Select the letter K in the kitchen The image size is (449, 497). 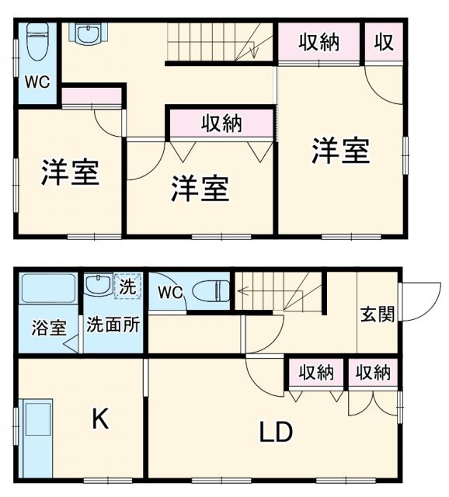click(99, 420)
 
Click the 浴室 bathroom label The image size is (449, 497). click(49, 327)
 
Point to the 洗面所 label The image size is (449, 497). click(113, 325)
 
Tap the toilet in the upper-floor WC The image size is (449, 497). click(37, 43)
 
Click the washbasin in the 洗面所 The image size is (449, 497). click(97, 285)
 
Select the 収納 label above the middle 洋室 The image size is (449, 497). click(221, 123)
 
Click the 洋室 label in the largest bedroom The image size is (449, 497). click(340, 150)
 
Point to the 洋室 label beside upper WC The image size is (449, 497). click(70, 172)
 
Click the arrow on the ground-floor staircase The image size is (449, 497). click(242, 292)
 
